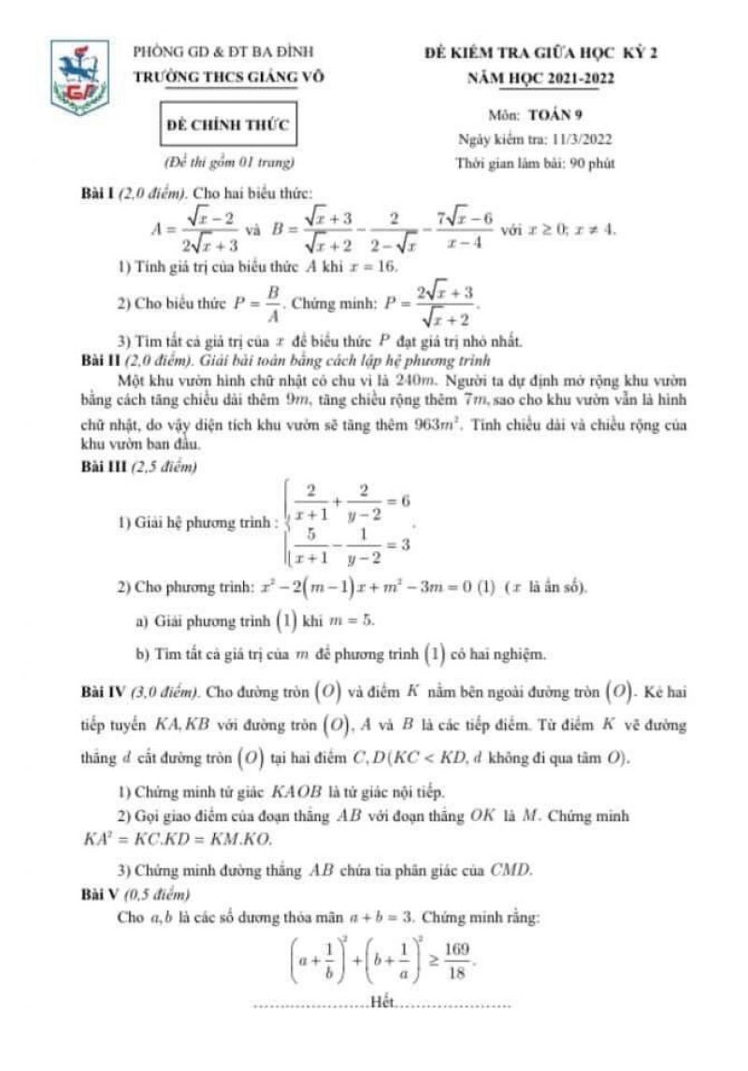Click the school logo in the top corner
[x=79, y=74]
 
